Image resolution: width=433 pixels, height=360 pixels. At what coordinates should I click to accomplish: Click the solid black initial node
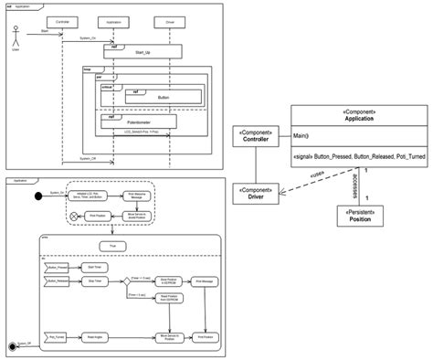click(38, 196)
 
